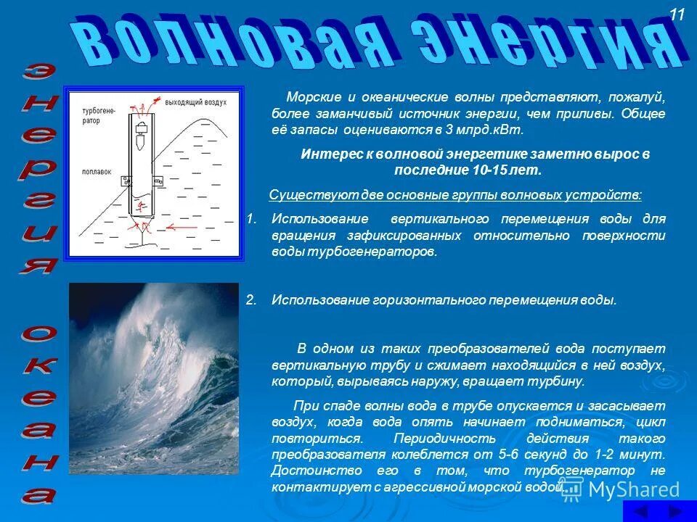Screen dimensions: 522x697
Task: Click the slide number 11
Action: pyautogui.click(x=677, y=14)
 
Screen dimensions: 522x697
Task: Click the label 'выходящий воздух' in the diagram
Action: pyautogui.click(x=195, y=102)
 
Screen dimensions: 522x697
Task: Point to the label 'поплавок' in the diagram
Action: pyautogui.click(x=97, y=172)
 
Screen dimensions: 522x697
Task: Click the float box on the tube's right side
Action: pyautogui.click(x=158, y=180)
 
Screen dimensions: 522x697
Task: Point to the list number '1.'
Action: pyautogui.click(x=251, y=219)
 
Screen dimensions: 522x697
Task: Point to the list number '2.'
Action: pyautogui.click(x=251, y=300)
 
